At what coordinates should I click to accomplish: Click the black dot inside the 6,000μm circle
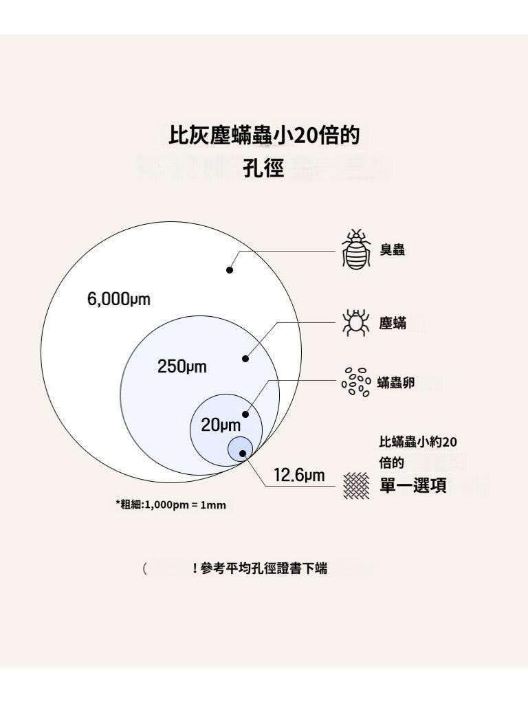pos(230,270)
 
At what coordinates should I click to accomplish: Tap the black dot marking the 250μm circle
pos(245,359)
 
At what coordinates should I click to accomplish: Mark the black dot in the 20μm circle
pos(245,414)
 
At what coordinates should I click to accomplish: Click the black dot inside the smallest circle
pos(242,454)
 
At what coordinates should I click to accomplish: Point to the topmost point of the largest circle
pos(170,222)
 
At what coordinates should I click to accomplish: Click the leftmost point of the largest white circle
pos(41,353)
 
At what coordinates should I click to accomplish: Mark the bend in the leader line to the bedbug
pos(239,252)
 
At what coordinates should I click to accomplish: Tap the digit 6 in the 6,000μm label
pos(91,299)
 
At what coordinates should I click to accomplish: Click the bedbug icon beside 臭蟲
pos(356,249)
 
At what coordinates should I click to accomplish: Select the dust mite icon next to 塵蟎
pos(356,322)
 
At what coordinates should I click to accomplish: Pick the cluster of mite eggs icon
pos(356,382)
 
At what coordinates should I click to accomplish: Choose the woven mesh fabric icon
pos(356,485)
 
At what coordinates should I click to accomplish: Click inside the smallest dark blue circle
pos(241,449)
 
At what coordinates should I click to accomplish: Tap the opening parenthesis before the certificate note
pos(145,568)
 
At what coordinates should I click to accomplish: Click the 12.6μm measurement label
pos(299,475)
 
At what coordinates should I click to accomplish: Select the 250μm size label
pos(182,366)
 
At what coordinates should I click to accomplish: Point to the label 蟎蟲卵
pos(396,383)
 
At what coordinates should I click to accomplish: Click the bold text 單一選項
pos(412,485)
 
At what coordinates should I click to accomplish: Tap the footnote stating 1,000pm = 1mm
pos(170,504)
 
